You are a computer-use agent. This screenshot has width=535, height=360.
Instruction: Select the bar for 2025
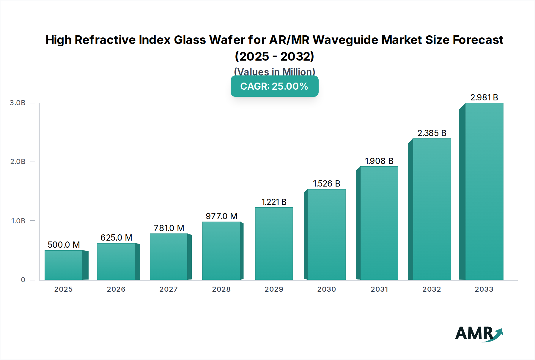click(x=64, y=265)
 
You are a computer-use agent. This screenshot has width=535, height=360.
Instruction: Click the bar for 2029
click(x=274, y=244)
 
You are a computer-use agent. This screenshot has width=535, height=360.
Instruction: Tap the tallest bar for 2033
click(x=484, y=192)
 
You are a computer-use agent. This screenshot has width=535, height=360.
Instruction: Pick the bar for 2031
click(x=379, y=223)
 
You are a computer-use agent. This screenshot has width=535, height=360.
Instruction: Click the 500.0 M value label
click(x=64, y=245)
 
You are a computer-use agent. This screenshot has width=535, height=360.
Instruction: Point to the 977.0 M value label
click(x=221, y=216)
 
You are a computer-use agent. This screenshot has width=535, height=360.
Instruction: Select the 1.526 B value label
click(x=326, y=184)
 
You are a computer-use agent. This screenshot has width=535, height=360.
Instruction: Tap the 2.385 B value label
click(x=432, y=133)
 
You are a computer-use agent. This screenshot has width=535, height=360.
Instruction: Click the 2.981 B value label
click(x=484, y=97)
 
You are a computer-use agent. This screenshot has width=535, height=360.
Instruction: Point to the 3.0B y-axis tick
click(x=18, y=103)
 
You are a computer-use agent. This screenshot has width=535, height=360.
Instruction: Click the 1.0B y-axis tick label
click(x=18, y=221)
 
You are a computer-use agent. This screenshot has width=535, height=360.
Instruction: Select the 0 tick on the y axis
click(x=23, y=280)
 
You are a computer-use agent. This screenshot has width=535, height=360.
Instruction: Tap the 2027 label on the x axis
click(x=169, y=289)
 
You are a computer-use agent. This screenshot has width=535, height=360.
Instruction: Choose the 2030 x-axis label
click(x=326, y=289)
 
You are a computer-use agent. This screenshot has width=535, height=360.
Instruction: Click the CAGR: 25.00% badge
click(x=274, y=86)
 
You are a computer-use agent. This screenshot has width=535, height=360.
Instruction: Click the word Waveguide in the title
click(x=345, y=40)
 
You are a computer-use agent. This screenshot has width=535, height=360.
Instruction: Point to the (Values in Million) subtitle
click(x=274, y=72)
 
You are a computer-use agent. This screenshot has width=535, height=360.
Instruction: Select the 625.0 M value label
click(x=116, y=238)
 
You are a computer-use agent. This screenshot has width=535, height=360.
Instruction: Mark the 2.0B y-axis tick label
click(x=18, y=162)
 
